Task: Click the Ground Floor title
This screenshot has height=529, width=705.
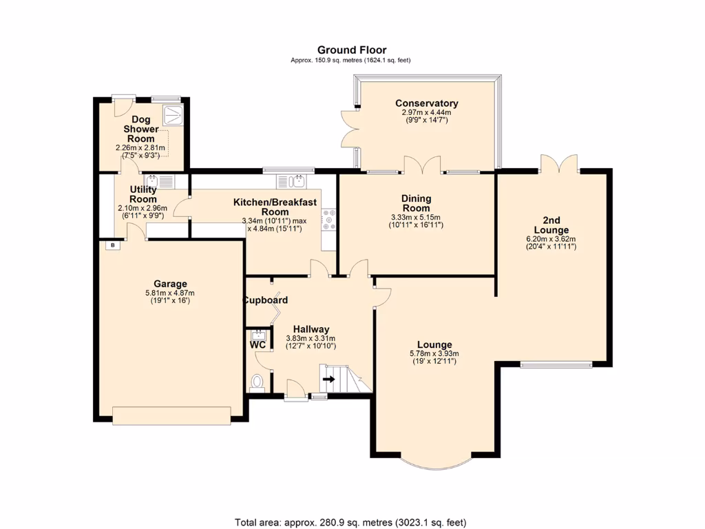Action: [x=351, y=50]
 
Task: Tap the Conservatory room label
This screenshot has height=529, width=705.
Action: [x=426, y=103]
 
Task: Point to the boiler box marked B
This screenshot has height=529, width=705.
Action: [x=109, y=245]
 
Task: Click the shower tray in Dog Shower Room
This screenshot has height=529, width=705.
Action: [x=172, y=113]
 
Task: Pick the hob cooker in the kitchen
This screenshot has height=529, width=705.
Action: [x=328, y=219]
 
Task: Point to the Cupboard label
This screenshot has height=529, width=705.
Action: [x=265, y=300]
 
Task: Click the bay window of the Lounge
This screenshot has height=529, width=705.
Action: [x=436, y=463]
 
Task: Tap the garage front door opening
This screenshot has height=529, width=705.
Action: [x=172, y=415]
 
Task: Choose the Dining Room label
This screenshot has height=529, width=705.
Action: [x=416, y=203]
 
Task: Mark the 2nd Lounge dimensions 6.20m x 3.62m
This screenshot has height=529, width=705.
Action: [x=551, y=240]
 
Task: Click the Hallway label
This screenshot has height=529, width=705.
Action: [x=311, y=329]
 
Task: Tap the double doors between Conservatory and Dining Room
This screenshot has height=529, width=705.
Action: [x=422, y=165]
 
